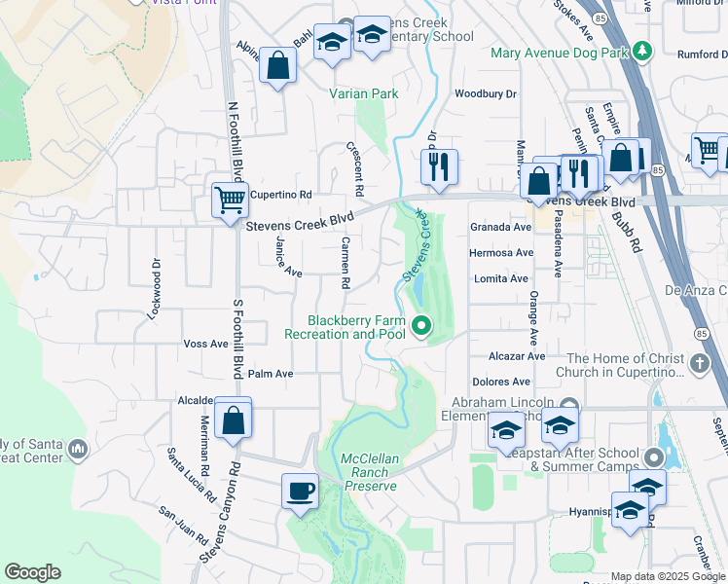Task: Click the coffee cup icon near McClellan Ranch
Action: [x=301, y=490]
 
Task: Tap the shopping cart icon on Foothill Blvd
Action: [x=231, y=201]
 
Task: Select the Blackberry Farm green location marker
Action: [x=421, y=326]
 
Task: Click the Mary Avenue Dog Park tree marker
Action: [x=641, y=51]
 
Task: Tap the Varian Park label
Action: [x=363, y=94]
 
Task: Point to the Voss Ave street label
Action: [x=205, y=344]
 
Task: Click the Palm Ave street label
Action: [x=271, y=374]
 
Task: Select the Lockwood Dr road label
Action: [x=154, y=289]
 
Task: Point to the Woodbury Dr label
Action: [x=486, y=93]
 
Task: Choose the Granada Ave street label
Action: [x=500, y=227]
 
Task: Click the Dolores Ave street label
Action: [x=501, y=383]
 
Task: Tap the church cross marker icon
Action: [x=699, y=364]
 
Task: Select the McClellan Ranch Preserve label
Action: [x=369, y=472]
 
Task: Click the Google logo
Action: [x=32, y=572]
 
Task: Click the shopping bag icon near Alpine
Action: [x=278, y=67]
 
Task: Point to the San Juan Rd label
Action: [x=184, y=527]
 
